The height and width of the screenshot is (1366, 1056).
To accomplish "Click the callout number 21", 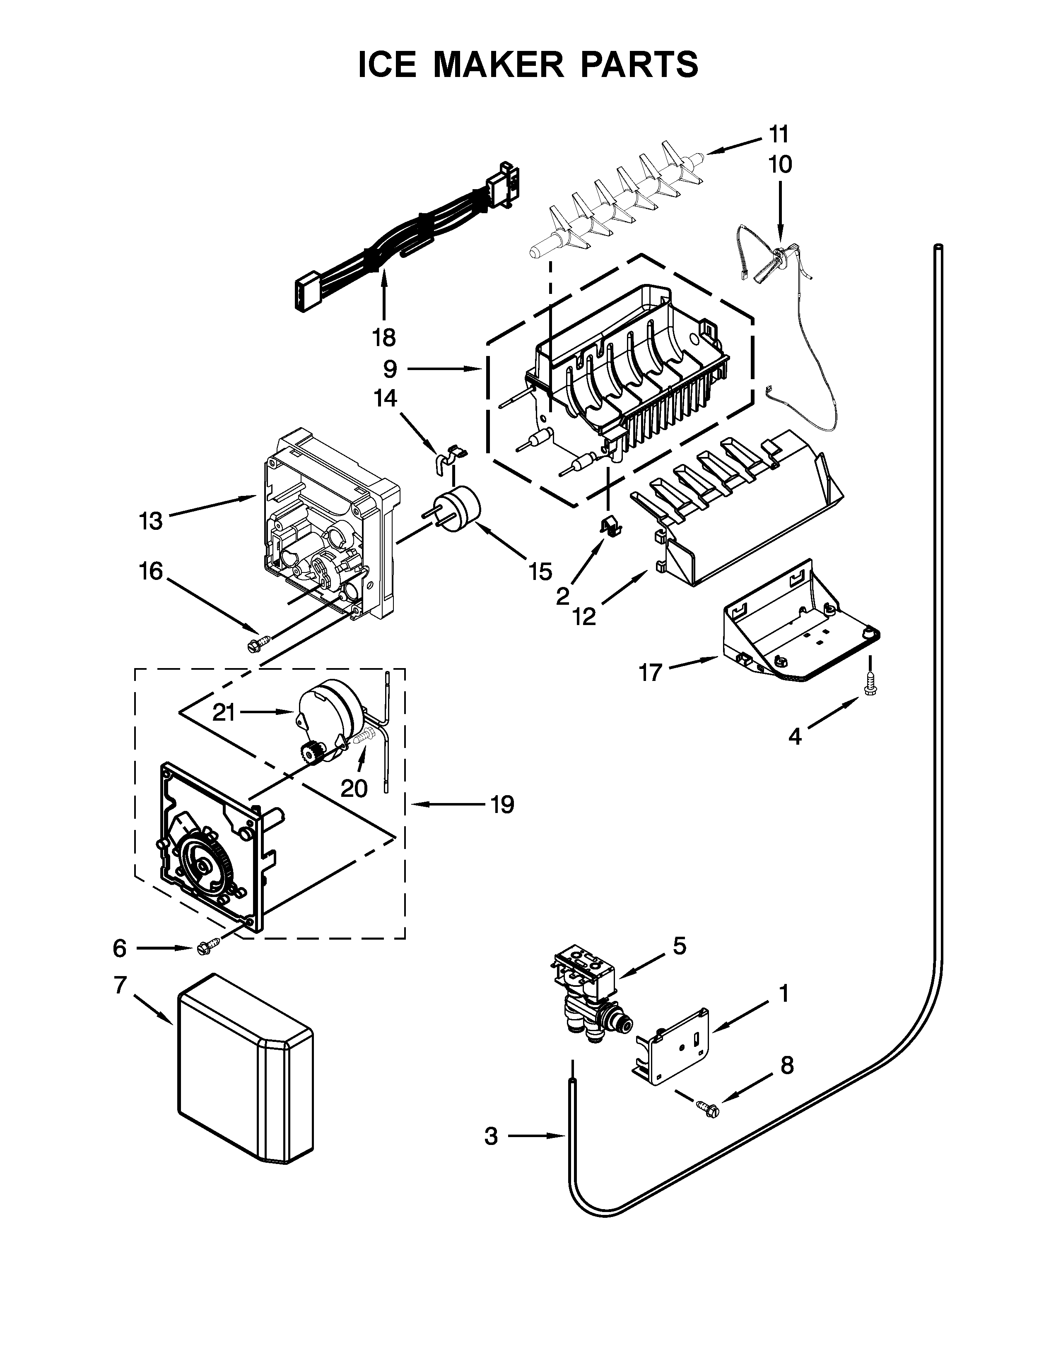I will point(223,712).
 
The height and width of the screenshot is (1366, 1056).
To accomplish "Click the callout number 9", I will point(390,370).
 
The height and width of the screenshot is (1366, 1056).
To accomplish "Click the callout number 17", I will point(651,673).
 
